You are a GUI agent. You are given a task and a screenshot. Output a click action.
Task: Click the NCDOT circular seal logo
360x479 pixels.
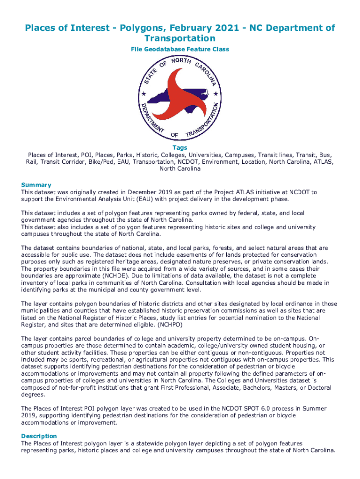(180, 98)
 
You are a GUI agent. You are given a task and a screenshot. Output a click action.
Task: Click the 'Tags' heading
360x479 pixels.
(180, 148)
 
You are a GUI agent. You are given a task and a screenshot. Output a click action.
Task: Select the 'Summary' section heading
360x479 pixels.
(36, 185)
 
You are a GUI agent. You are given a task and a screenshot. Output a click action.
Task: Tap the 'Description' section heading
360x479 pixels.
(39, 436)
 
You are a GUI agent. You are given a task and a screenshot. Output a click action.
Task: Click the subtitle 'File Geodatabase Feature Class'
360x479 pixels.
(180, 49)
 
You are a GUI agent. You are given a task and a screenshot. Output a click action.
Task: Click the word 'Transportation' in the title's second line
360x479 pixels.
(180, 38)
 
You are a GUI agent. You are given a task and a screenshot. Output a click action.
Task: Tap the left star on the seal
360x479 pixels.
(144, 94)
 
